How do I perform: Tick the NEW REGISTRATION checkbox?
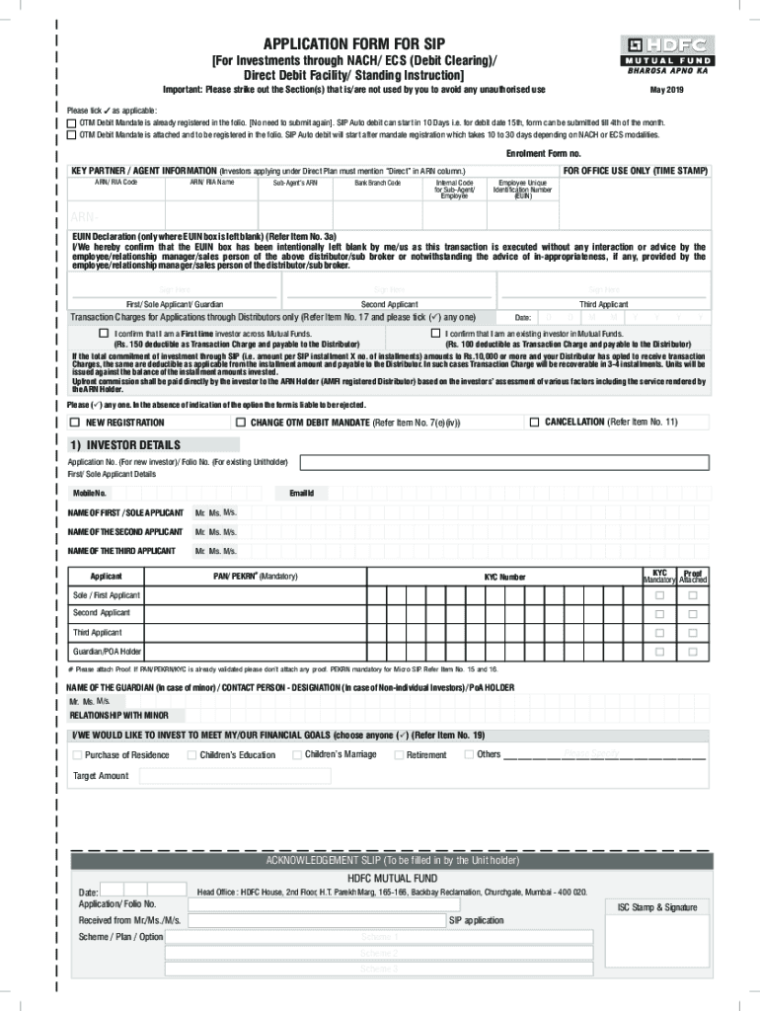pos(74,422)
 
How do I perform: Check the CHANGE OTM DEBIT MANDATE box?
pos(240,422)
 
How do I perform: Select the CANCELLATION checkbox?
pos(534,422)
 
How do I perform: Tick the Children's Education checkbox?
pos(190,755)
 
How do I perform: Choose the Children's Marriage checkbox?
pos(296,755)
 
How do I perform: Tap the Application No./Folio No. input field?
pos(503,461)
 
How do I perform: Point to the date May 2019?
pos(667,90)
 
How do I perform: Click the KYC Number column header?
pos(504,577)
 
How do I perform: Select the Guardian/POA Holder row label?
pos(107,652)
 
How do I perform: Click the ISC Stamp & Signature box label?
pos(656,907)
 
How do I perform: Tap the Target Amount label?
pos(101,776)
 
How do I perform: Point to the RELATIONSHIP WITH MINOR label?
pos(117,715)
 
